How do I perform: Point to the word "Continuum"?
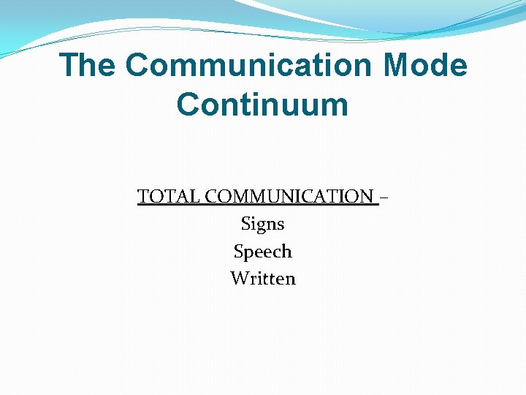click(x=262, y=104)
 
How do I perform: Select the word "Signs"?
click(x=262, y=224)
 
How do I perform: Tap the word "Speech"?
click(x=262, y=252)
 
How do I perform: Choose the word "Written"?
click(x=262, y=279)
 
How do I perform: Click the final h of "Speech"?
click(x=286, y=252)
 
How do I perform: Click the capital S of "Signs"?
click(x=245, y=224)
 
